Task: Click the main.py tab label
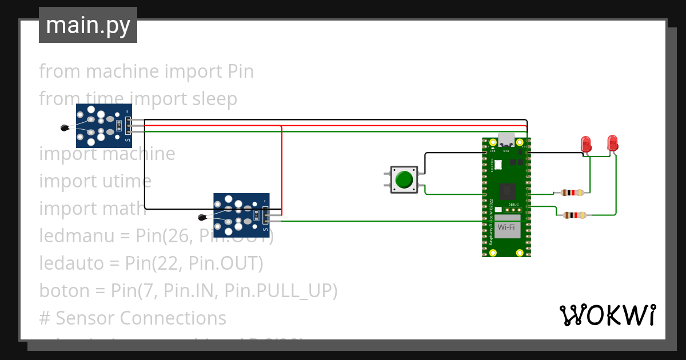pyautogui.click(x=88, y=25)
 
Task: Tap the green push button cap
pyautogui.click(x=404, y=179)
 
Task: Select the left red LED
pyautogui.click(x=586, y=144)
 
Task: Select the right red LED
pyautogui.click(x=612, y=143)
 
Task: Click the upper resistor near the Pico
pyautogui.click(x=572, y=193)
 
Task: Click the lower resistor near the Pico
pyautogui.click(x=574, y=215)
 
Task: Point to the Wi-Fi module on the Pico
pyautogui.click(x=506, y=227)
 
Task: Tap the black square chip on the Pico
pyautogui.click(x=506, y=191)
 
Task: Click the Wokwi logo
pyautogui.click(x=607, y=315)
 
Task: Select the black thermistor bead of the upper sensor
pyautogui.click(x=65, y=128)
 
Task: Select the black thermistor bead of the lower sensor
pyautogui.click(x=202, y=217)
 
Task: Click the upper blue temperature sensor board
pyautogui.click(x=104, y=125)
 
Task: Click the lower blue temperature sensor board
pyautogui.click(x=241, y=215)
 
